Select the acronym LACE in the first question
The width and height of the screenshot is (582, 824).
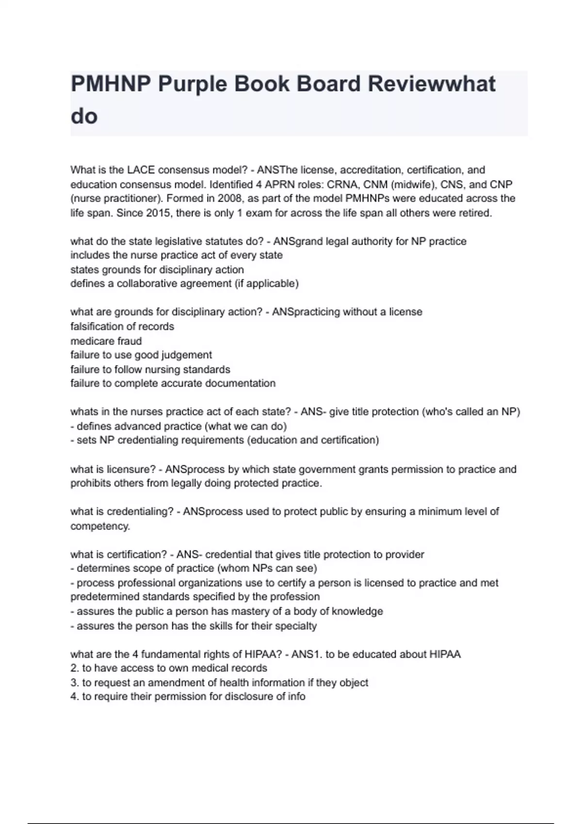[x=141, y=170]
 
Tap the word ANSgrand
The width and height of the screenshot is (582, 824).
[x=298, y=241]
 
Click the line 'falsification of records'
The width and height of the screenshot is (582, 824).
[x=122, y=326]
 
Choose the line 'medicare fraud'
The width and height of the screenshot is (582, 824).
[x=106, y=341]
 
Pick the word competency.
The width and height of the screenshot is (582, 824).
[x=100, y=526]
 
